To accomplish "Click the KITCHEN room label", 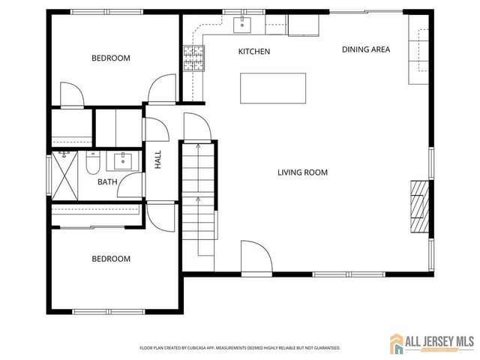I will click(253, 52).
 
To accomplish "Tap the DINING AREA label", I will click(366, 49).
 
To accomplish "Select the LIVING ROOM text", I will click(302, 172).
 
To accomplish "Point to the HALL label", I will click(158, 159).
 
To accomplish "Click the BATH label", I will click(106, 181).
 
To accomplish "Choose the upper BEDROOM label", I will click(111, 58).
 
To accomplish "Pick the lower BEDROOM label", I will click(111, 259).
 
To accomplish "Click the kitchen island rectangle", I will click(273, 88).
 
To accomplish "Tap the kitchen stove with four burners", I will click(193, 56).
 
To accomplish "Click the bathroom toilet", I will click(93, 162).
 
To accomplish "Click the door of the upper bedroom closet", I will click(72, 96).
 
